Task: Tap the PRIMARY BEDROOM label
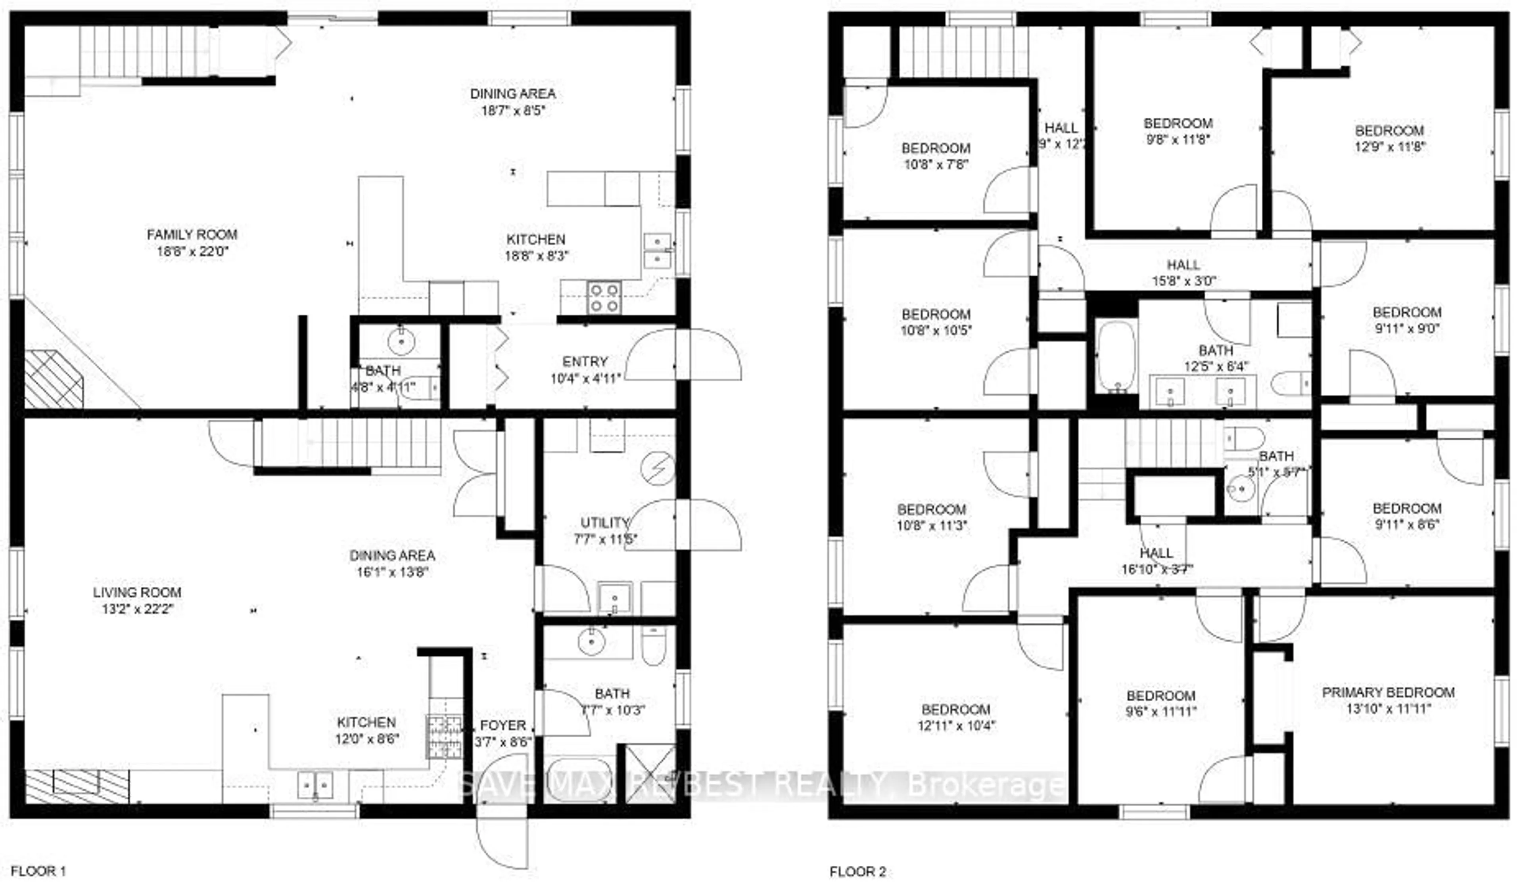[1388, 693]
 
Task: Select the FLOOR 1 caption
[38, 871]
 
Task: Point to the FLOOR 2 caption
[857, 871]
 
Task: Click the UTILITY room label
[605, 522]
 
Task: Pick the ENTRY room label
[585, 362]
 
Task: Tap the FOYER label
[503, 725]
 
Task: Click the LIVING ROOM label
[137, 592]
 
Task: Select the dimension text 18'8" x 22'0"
[192, 251]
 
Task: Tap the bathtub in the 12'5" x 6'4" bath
[1116, 356]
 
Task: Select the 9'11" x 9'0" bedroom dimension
[1407, 329]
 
